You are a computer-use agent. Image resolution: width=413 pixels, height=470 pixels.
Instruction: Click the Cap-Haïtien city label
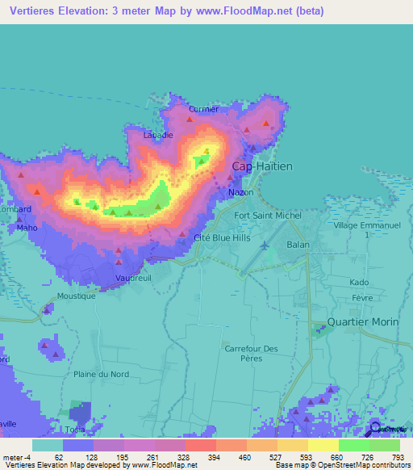click(x=262, y=166)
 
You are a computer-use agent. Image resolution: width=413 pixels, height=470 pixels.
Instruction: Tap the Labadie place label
click(x=158, y=135)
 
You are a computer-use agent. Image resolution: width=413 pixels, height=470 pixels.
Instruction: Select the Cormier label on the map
click(x=203, y=109)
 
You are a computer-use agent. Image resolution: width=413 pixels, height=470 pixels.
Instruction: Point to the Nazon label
click(x=241, y=193)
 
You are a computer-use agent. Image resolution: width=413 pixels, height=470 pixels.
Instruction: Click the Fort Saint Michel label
click(x=267, y=216)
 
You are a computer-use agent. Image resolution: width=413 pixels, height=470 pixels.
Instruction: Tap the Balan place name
click(x=298, y=244)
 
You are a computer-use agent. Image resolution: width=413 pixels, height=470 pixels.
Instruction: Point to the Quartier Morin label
click(x=362, y=321)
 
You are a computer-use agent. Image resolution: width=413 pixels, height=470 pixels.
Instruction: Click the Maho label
click(x=27, y=228)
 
